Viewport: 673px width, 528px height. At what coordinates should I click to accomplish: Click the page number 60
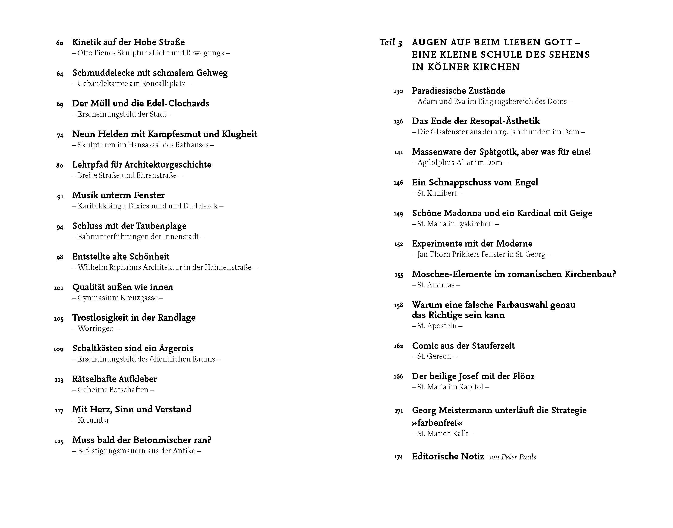tap(60, 43)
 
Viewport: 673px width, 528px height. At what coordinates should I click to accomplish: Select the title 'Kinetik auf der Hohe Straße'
tap(128, 42)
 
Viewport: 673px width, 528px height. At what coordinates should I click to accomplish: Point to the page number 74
tap(60, 135)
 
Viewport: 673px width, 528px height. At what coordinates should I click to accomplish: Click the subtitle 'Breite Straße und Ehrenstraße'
tap(127, 175)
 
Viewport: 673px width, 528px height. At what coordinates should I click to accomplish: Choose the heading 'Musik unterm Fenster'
tap(118, 195)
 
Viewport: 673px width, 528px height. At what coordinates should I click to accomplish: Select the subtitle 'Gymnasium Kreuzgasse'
tap(118, 298)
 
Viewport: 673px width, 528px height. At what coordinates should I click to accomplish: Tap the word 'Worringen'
tap(96, 328)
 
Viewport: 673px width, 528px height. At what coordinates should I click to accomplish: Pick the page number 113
tap(59, 380)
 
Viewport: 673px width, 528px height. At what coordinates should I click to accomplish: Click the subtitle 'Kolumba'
tap(93, 420)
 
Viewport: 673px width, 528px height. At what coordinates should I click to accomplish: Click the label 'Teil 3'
tap(391, 42)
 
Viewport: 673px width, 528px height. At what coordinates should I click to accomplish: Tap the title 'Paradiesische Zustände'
tap(458, 90)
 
